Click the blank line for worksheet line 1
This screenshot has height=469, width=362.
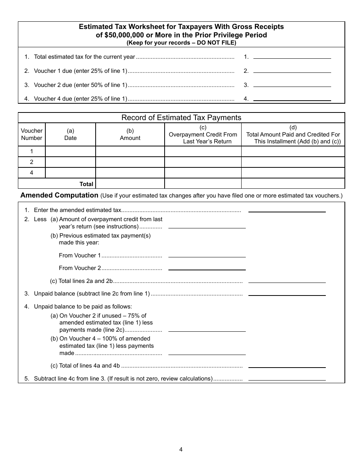tap(292, 56)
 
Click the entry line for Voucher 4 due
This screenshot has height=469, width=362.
tap(292, 98)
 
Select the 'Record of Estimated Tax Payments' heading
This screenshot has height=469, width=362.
tap(181, 117)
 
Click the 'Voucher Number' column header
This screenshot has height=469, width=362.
tap(32, 134)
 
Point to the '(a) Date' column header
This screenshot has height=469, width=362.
tap(70, 134)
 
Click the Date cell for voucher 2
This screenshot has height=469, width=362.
tap(70, 162)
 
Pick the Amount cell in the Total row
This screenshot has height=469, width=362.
tap(130, 183)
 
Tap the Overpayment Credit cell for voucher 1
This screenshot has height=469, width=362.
tap(203, 151)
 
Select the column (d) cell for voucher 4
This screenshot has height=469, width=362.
tap(293, 173)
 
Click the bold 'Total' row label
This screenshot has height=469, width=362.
tap(86, 184)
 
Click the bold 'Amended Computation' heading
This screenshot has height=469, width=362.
tap(59, 195)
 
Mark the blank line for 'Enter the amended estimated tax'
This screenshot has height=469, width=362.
tap(287, 209)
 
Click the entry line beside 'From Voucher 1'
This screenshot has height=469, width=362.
tap(207, 255)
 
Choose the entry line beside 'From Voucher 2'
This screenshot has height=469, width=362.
tap(207, 267)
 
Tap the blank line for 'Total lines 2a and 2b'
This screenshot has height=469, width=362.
tap(287, 280)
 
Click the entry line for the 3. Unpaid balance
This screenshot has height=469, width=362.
tap(287, 293)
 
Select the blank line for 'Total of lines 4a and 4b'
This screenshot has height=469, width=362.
tap(287, 365)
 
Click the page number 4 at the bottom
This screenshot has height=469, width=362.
tap(181, 449)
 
